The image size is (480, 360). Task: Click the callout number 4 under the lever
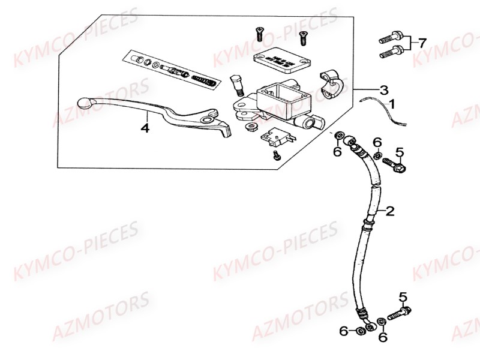[144, 127]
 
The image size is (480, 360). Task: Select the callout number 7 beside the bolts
[422, 43]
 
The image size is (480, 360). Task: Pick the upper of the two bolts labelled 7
[391, 40]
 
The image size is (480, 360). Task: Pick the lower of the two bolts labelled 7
[391, 54]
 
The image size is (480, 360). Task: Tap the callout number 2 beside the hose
[390, 211]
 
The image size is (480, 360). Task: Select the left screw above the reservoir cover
[260, 34]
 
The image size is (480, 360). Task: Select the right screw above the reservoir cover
[303, 37]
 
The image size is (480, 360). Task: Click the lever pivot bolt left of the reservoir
[237, 84]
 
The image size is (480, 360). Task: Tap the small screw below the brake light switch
[276, 155]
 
